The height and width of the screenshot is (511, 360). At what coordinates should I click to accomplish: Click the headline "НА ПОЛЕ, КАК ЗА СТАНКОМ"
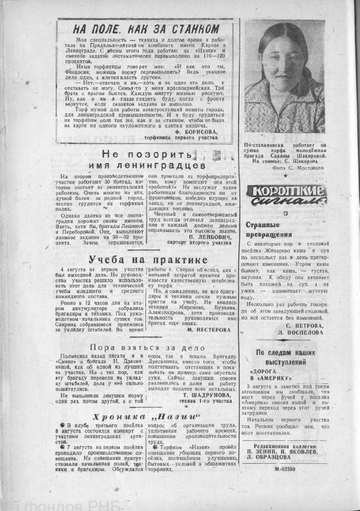145,29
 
